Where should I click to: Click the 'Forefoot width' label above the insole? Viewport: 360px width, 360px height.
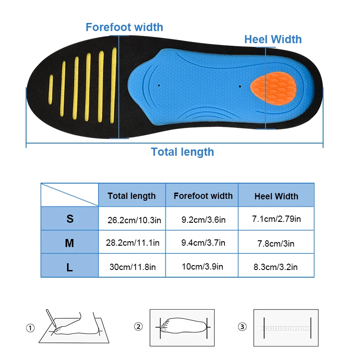(124, 27)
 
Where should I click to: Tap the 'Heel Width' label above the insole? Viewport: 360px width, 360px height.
(273, 39)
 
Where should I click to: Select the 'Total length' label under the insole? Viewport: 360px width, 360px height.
(182, 152)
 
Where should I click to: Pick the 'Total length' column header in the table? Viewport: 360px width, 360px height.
(131, 196)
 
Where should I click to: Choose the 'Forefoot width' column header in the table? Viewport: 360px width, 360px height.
(203, 196)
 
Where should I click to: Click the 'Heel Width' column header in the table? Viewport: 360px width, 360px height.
(276, 196)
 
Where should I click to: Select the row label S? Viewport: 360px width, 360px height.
(70, 219)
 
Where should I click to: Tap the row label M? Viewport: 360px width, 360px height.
(69, 243)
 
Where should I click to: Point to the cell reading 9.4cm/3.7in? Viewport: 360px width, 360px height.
(203, 243)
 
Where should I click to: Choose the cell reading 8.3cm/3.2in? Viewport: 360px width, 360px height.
(275, 267)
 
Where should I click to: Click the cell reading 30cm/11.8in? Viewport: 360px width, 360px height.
(132, 267)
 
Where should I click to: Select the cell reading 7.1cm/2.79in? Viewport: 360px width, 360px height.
(276, 219)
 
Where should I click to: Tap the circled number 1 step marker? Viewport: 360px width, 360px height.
(30, 328)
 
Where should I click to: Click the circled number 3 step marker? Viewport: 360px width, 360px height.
(243, 327)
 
